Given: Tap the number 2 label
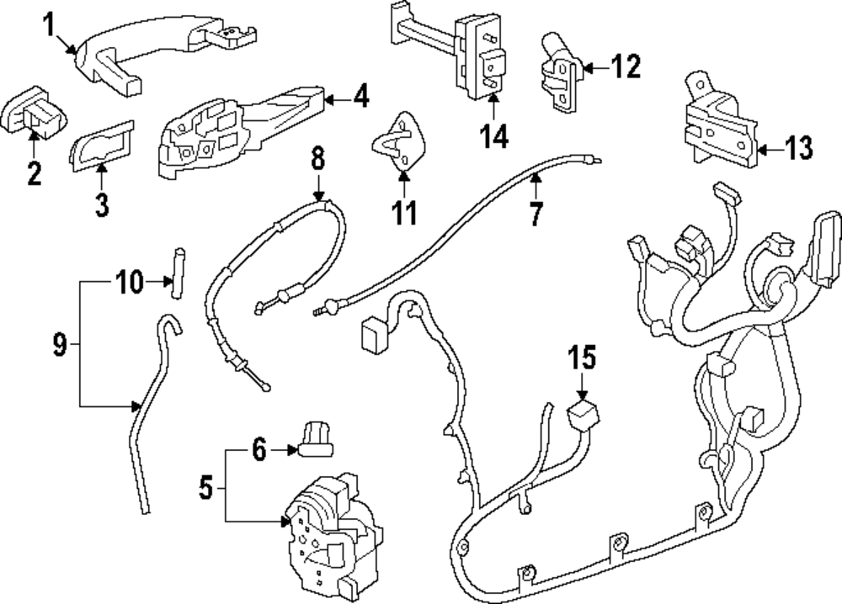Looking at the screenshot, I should pyautogui.click(x=34, y=174).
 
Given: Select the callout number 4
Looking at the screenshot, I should pyautogui.click(x=360, y=98).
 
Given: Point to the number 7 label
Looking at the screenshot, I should pyautogui.click(x=536, y=214).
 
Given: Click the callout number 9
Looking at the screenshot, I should pyautogui.click(x=59, y=345).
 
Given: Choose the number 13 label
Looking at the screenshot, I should pyautogui.click(x=799, y=150).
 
